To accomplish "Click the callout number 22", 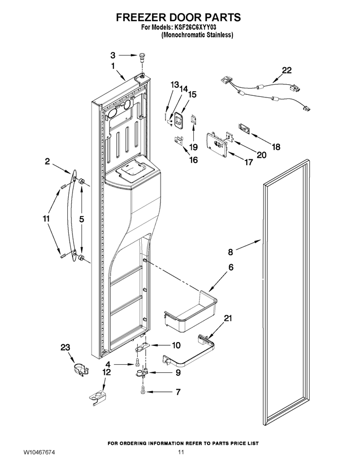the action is tap(286, 70).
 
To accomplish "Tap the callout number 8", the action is tap(230, 252).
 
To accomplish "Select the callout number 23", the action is tap(66, 347).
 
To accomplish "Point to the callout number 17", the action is tap(248, 162).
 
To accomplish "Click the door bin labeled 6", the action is tap(191, 312).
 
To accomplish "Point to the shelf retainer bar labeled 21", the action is tap(189, 352).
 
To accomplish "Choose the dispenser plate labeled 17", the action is tap(218, 145).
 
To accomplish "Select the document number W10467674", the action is tap(40, 453).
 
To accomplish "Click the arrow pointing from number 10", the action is tap(159, 346).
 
